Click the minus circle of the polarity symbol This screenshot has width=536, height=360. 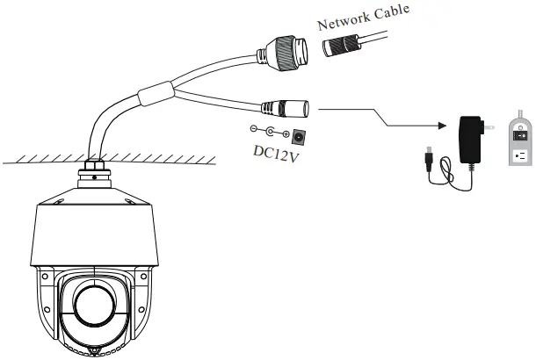pyautogui.click(x=256, y=130)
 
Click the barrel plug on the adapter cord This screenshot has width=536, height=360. pyautogui.click(x=427, y=156)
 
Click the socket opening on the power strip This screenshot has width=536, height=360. pyautogui.click(x=519, y=157)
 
